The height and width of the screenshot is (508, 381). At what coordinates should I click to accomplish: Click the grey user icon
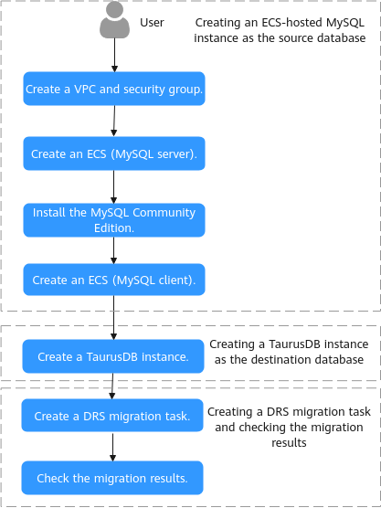115,19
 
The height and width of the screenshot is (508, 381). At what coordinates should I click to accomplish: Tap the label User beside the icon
152,23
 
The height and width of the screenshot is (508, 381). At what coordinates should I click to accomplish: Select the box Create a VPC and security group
114,89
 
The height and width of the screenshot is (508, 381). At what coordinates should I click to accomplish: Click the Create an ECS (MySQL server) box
114,153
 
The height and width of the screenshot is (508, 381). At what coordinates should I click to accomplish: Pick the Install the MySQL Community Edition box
114,220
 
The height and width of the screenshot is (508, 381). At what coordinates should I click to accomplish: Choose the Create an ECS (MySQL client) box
114,280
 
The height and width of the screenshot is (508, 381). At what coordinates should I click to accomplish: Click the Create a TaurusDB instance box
113,356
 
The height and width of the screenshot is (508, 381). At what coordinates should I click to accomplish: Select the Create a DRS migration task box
112,416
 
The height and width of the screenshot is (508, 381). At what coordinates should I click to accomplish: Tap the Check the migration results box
112,478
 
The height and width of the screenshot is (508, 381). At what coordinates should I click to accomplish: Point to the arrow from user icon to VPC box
115,55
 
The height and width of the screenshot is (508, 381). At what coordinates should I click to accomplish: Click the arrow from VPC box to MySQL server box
114,122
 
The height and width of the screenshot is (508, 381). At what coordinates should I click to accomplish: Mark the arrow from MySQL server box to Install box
113,187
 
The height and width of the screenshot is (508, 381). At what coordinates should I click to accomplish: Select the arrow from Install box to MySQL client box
113,250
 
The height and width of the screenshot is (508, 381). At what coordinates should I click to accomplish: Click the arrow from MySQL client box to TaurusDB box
113,318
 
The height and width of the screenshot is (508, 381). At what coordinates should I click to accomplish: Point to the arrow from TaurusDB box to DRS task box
112,386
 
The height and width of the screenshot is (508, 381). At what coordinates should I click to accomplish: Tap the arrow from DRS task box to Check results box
112,447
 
